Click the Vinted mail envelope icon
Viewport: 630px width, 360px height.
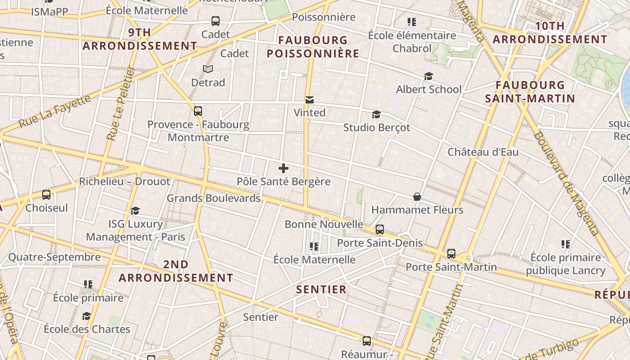point(310,100)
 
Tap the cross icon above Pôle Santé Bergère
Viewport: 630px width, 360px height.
point(283,169)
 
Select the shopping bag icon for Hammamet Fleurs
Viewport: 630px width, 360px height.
point(417,197)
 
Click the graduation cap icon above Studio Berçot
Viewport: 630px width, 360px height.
point(376,115)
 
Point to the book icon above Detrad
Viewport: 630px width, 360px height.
point(207,69)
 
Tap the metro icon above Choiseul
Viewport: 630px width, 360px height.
point(46,195)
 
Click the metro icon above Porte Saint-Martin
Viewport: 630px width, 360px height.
point(451,254)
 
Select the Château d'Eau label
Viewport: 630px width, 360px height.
point(483,152)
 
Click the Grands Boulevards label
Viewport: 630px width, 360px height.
point(213,198)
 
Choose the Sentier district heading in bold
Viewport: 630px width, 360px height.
point(321,289)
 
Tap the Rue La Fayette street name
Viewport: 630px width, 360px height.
point(55,111)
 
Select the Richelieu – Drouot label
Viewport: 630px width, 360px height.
point(125,181)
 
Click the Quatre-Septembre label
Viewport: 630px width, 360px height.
point(54,257)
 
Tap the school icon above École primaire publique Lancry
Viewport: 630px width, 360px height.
point(566,244)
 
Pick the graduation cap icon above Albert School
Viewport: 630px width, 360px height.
point(428,76)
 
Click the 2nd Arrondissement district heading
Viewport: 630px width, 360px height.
point(176,271)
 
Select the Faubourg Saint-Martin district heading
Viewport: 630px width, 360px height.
point(530,92)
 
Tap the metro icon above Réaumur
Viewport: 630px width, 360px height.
point(367,341)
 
